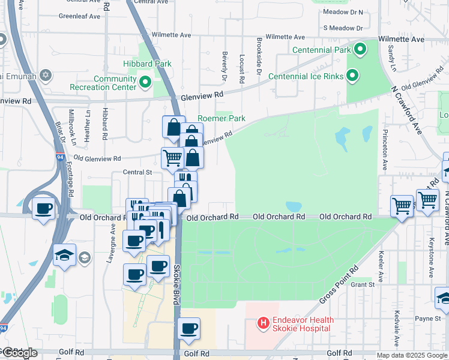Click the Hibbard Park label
click(147, 64)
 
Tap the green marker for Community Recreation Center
click(145, 82)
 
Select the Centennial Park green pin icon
click(360, 49)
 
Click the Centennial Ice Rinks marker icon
click(353, 76)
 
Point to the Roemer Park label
click(222, 119)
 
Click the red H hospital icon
click(263, 324)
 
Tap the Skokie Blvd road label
click(177, 285)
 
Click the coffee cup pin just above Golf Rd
click(189, 329)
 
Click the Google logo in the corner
click(19, 353)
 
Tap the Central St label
click(137, 172)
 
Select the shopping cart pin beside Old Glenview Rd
click(172, 158)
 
